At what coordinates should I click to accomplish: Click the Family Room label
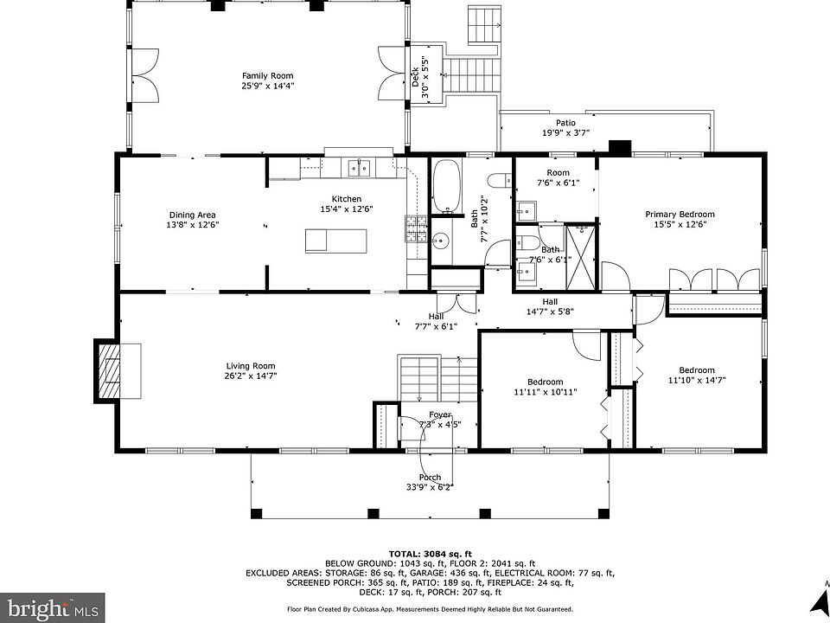coord(267,76)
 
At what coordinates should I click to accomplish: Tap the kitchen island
coord(336,241)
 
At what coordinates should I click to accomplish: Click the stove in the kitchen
coord(416,228)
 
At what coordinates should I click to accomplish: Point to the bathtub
coord(446,186)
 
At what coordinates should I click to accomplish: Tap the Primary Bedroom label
coord(680,214)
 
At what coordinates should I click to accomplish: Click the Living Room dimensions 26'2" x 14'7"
coord(251,376)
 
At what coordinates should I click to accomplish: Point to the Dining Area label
coord(192,215)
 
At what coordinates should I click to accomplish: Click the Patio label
coord(565,123)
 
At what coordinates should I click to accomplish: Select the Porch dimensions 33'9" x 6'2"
coord(430,487)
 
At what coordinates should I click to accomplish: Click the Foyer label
coord(440,414)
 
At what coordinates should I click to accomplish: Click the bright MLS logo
coord(52,607)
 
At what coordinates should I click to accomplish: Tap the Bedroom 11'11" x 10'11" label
coord(546,387)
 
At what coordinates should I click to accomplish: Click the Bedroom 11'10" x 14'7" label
coord(697,375)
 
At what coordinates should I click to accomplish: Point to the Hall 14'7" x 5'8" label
coord(550,306)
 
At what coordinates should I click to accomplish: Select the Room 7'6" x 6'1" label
coord(558,177)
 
